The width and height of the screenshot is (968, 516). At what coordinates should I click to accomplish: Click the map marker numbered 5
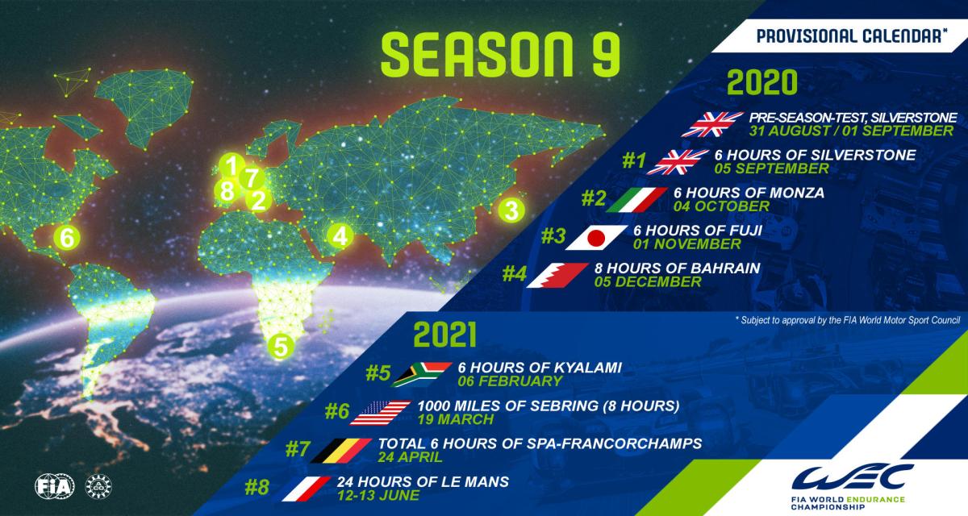tap(281, 347)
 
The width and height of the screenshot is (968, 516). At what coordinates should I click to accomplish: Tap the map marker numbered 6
tap(67, 238)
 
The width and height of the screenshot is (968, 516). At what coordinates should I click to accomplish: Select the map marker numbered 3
tap(511, 210)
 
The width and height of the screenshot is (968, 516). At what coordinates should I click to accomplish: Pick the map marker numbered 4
tap(340, 236)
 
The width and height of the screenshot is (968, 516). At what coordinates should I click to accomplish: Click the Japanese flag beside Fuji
tap(596, 238)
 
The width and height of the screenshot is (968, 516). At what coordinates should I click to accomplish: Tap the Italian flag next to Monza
tap(637, 199)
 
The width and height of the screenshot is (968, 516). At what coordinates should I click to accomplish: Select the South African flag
tap(422, 374)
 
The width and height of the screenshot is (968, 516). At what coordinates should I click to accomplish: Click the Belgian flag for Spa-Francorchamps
tap(341, 451)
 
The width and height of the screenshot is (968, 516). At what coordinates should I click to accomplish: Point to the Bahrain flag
tap(558, 275)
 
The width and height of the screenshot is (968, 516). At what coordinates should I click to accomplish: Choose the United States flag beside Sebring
tap(380, 413)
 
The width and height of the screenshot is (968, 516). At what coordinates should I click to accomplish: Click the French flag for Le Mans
tap(307, 489)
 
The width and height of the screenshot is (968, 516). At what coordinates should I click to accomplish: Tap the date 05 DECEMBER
tap(647, 282)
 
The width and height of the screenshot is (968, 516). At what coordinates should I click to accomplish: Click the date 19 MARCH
tap(455, 419)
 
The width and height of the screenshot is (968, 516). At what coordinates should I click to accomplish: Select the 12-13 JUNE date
tap(378, 495)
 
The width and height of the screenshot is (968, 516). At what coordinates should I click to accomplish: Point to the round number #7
tap(298, 449)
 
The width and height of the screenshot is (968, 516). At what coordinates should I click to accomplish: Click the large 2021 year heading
tap(444, 335)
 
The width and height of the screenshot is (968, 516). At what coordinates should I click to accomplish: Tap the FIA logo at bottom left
tap(55, 486)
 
